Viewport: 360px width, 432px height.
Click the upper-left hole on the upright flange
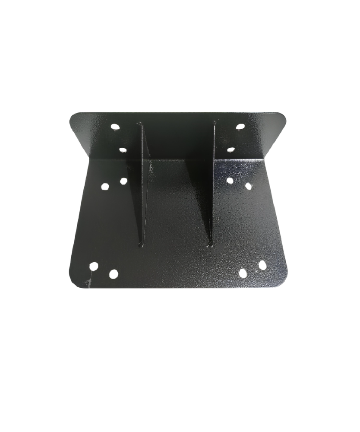click(114, 127)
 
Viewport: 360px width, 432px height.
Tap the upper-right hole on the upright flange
click(241, 126)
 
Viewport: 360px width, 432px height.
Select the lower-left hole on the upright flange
click(123, 151)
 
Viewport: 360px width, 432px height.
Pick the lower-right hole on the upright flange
click(231, 149)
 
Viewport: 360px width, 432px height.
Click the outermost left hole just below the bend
click(105, 187)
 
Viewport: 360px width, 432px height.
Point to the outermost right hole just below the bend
click(249, 186)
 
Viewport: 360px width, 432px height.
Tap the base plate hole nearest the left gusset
click(123, 181)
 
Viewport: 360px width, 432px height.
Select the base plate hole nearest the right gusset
click(230, 180)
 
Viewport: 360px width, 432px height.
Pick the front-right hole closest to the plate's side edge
click(262, 265)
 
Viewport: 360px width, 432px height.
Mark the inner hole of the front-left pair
click(114, 273)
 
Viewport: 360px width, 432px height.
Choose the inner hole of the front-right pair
click(243, 273)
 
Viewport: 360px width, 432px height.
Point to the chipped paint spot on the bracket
click(89, 282)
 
